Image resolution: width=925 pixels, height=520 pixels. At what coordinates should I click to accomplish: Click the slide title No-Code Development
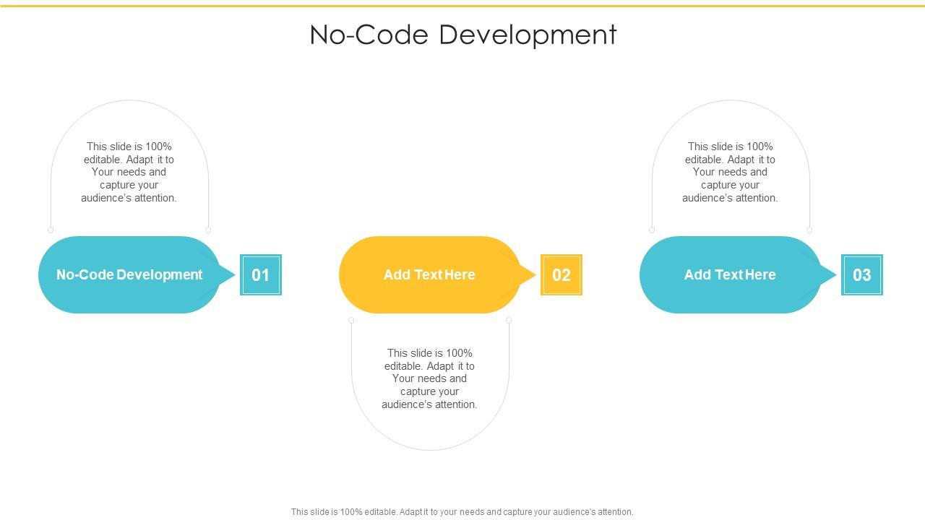462,35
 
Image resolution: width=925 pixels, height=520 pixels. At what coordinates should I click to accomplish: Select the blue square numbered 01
260,274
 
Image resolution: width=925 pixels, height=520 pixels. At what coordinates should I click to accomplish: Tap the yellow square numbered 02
562,274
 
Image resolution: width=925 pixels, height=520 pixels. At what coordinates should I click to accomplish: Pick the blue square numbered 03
862,274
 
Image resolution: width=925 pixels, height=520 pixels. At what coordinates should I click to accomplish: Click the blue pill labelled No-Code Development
129,274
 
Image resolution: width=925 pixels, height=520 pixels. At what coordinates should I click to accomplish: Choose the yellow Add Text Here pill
429,274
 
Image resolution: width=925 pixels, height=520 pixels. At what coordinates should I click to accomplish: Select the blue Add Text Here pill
730,274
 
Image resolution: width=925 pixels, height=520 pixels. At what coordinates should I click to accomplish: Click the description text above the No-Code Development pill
129,172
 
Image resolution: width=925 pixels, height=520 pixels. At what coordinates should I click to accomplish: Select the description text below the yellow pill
429,378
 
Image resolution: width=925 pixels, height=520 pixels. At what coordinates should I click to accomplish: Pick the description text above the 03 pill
730,172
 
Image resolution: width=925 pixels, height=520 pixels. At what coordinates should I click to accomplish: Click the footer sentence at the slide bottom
462,511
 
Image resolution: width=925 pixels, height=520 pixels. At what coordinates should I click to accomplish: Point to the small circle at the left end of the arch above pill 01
51,230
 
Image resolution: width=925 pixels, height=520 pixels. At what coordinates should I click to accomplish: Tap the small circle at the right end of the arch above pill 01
208,230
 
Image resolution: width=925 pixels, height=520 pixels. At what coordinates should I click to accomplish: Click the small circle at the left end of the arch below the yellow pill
351,320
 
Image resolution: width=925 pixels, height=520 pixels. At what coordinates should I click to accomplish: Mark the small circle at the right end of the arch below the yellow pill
509,320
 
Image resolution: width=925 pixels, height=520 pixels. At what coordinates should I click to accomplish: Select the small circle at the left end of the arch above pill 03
652,230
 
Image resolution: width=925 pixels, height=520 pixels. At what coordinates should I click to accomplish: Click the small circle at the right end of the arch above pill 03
809,230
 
